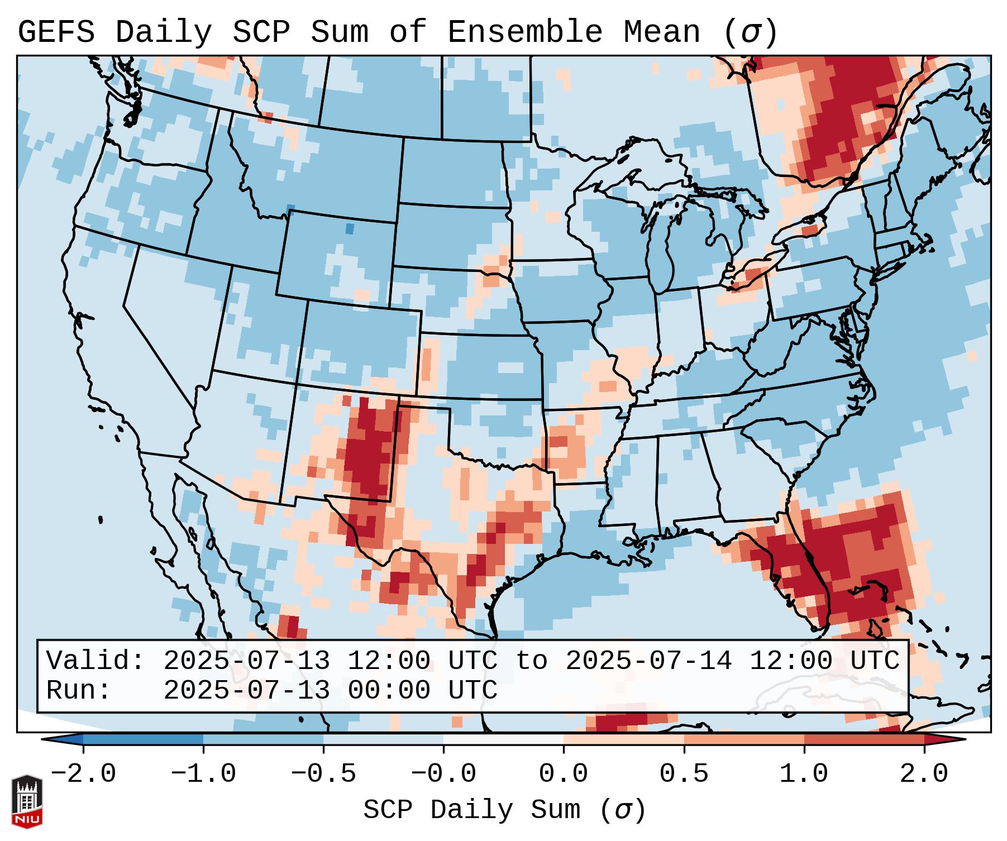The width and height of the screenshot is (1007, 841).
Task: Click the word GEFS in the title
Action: click(x=56, y=32)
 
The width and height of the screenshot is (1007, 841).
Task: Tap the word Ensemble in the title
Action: click(x=524, y=32)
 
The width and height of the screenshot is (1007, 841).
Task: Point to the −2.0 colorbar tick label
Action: click(x=83, y=774)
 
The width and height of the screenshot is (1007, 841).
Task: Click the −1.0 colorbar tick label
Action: click(x=203, y=774)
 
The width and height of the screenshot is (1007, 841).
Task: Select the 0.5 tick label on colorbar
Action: click(x=684, y=774)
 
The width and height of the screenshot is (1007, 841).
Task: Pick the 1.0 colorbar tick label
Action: click(x=804, y=774)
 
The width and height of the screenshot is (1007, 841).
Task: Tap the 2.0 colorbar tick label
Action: click(x=924, y=774)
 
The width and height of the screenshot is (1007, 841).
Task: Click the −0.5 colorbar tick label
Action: click(x=323, y=774)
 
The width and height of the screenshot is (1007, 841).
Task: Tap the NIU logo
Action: click(x=27, y=801)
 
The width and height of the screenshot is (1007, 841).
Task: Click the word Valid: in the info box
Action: click(x=96, y=661)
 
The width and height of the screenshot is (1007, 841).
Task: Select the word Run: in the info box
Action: click(x=79, y=691)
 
